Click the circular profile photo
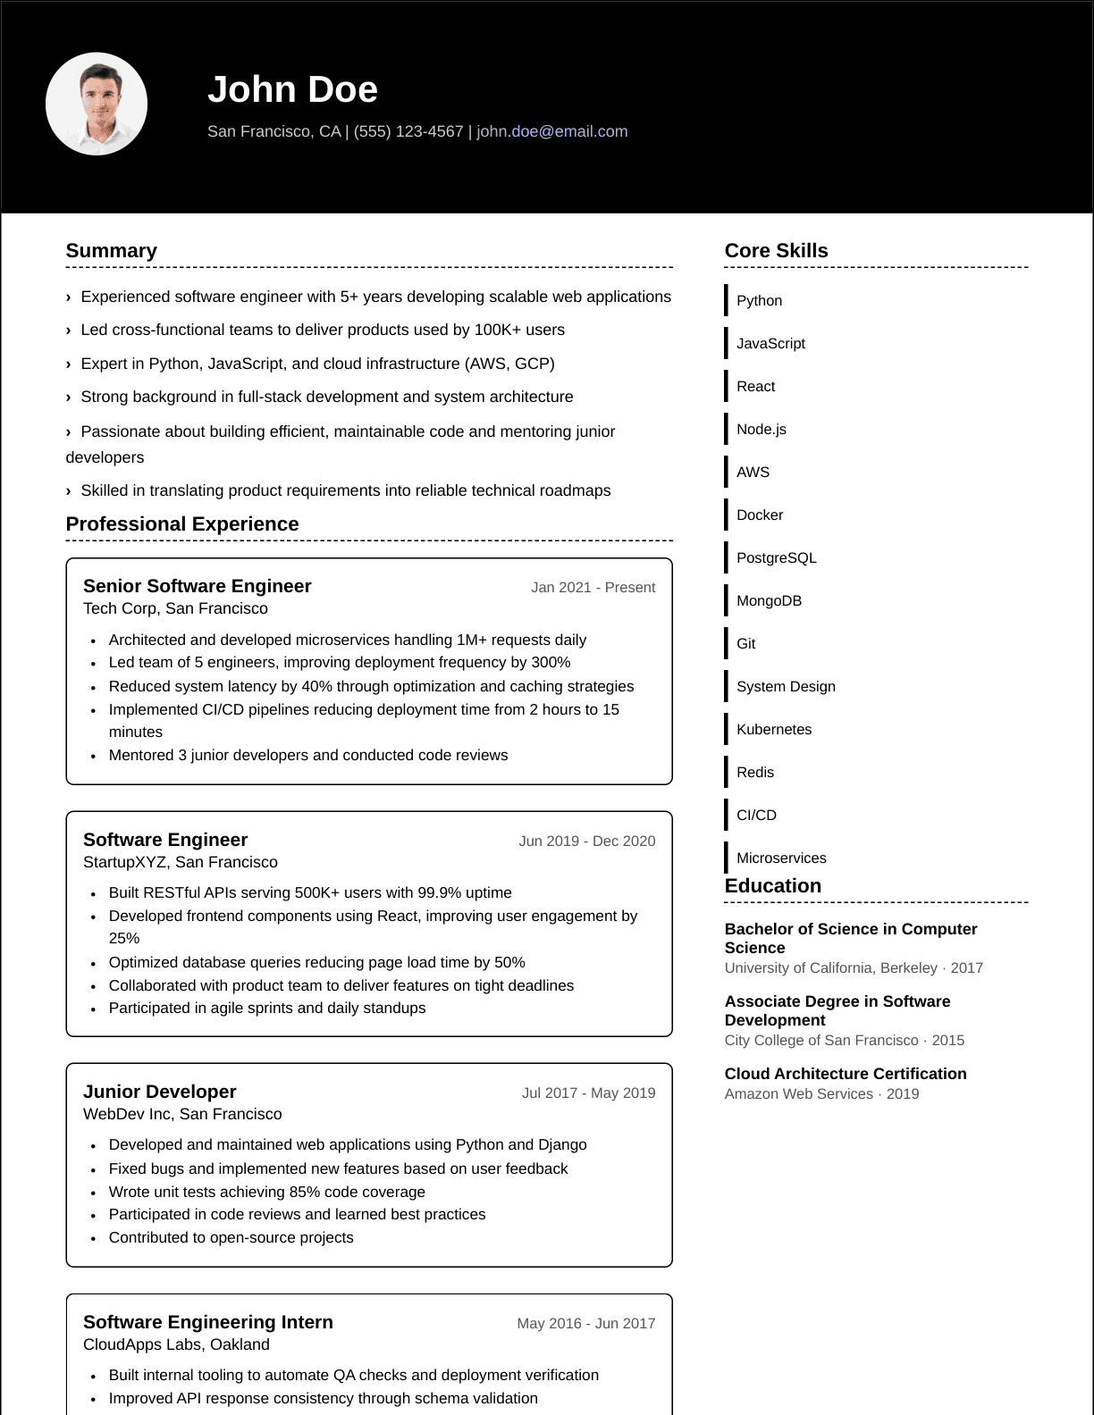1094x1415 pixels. pos(97,104)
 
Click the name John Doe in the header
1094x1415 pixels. pos(292,89)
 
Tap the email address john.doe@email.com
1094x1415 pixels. pos(551,131)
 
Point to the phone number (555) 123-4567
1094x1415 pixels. pos(408,131)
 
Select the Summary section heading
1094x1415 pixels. pos(111,251)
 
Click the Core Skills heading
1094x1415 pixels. pos(776,251)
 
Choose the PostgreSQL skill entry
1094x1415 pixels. pos(776,557)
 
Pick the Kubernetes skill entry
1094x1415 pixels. pos(774,729)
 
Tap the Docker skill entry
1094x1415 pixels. pos(760,515)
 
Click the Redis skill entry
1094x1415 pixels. pos(755,772)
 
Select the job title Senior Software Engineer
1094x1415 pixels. pos(197,586)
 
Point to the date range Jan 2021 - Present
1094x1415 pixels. pos(593,587)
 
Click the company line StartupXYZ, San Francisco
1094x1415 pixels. pos(181,862)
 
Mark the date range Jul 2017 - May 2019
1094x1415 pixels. pos(588,1093)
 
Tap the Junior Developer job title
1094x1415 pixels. pos(160,1092)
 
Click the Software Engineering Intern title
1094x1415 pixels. pos(207,1322)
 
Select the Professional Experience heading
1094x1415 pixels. pos(182,524)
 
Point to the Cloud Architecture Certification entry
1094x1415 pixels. pos(846,1074)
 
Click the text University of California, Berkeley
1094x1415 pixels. pos(831,967)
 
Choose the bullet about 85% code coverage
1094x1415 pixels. pos(266,1192)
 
